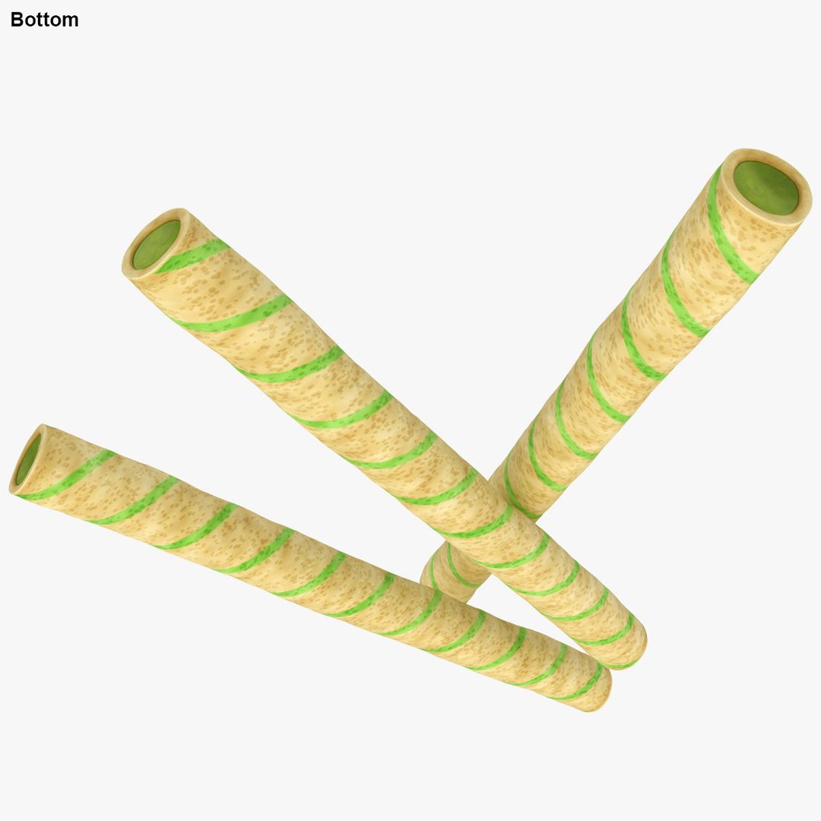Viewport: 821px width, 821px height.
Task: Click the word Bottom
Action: [x=44, y=21]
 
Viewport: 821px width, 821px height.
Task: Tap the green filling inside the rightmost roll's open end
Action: [x=766, y=187]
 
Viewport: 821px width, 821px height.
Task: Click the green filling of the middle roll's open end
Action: [x=157, y=244]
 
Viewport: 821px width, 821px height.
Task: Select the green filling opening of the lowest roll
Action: [x=28, y=459]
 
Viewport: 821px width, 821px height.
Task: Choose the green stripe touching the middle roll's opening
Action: [x=194, y=255]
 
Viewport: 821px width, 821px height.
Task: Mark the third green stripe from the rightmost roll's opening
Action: [x=639, y=342]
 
